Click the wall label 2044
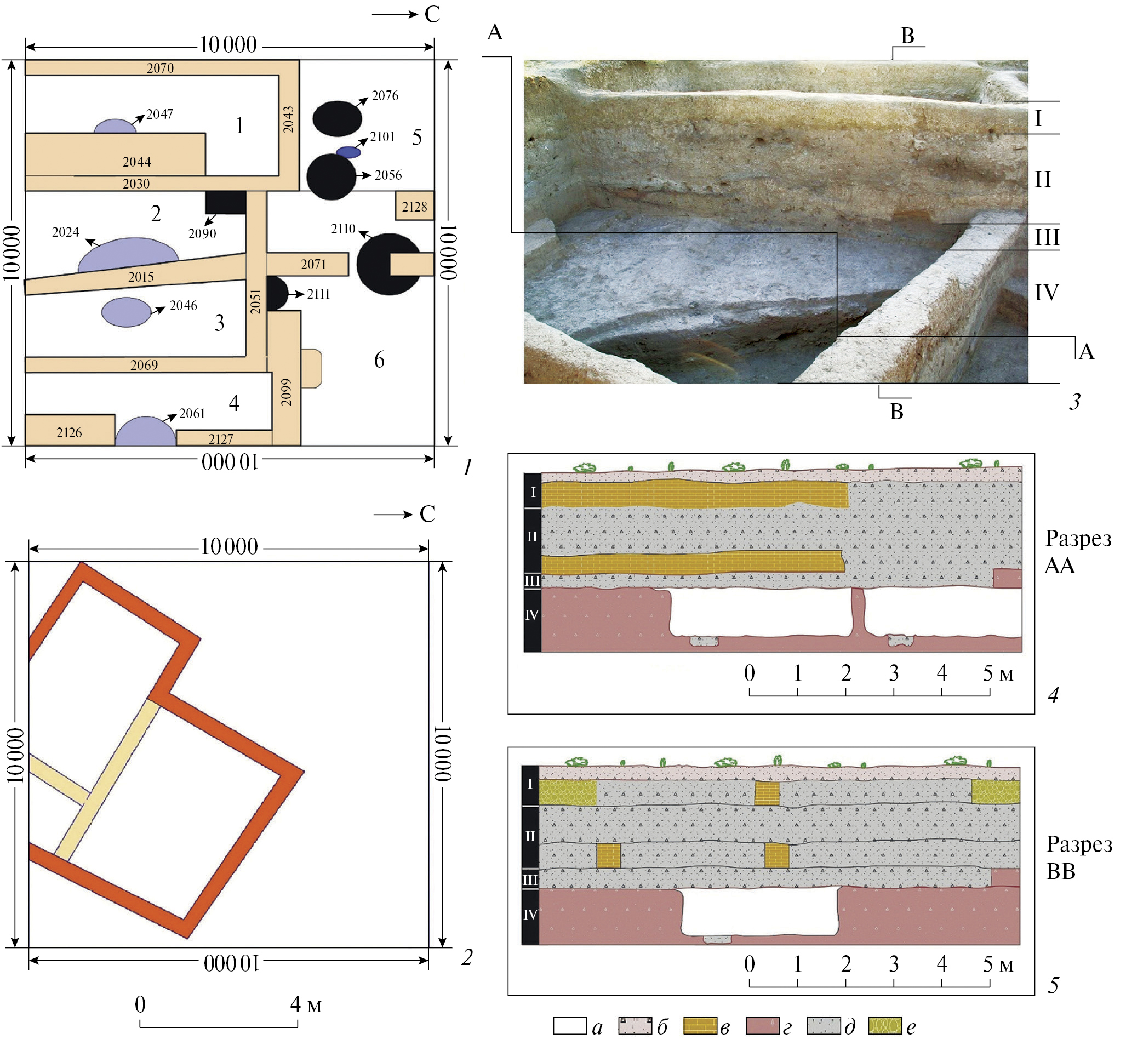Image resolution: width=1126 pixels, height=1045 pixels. click(x=137, y=162)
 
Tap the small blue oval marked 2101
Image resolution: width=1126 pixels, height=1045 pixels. click(x=348, y=152)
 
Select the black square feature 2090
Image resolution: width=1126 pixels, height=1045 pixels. click(x=225, y=202)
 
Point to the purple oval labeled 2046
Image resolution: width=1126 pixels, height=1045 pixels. click(x=125, y=312)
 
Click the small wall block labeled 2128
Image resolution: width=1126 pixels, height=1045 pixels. click(x=415, y=207)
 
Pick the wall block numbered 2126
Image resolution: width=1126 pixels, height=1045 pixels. click(x=69, y=432)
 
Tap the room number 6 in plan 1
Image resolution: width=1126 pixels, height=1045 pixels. click(x=379, y=359)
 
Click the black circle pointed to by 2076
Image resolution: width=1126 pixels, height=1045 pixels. click(x=337, y=118)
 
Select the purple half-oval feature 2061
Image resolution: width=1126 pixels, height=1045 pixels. click(x=146, y=432)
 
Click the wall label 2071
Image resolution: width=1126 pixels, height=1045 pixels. click(x=313, y=264)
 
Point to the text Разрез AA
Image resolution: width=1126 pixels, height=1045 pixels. click(x=1077, y=552)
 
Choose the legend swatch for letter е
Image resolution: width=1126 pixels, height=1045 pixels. click(x=884, y=1026)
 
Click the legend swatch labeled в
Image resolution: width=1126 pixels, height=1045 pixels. click(x=700, y=1026)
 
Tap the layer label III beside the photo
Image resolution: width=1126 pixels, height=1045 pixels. click(x=1047, y=237)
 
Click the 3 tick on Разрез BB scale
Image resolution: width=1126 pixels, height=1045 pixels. click(x=894, y=964)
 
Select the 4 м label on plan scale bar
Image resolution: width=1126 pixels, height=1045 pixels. click(x=305, y=1004)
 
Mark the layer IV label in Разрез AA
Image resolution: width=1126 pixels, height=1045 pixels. click(x=531, y=615)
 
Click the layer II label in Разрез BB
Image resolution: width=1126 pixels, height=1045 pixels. click(x=530, y=836)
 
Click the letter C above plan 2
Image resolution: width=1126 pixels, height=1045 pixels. click(x=427, y=513)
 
